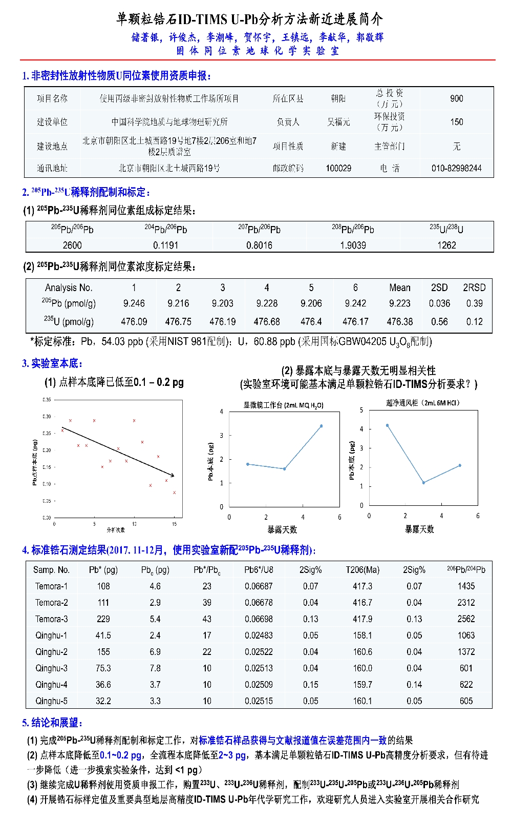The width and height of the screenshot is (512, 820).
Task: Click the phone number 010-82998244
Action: tap(456, 168)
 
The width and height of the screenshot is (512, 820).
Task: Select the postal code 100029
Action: tap(338, 168)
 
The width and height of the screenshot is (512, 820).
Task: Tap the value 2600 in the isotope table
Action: tap(72, 245)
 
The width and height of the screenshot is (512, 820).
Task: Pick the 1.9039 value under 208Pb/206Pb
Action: tap(353, 245)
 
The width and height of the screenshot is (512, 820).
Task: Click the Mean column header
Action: tap(399, 288)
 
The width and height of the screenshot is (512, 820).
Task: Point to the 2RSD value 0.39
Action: tap(474, 303)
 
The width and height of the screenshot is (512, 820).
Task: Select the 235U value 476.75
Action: tap(178, 322)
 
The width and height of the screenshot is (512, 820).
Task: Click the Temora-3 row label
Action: tap(51, 619)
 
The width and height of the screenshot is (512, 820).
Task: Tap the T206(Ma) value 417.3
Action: tap(362, 586)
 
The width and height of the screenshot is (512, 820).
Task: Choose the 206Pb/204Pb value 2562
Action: tap(466, 619)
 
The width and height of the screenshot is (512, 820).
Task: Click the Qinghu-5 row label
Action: tap(51, 701)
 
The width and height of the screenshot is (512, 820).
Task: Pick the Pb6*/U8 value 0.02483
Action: tap(259, 635)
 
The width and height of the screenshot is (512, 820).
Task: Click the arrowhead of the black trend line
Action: tap(173, 476)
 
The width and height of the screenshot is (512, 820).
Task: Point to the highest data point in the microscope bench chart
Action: tap(322, 426)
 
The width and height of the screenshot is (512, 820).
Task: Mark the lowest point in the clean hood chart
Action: tap(423, 483)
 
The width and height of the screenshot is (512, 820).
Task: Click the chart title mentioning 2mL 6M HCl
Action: tap(423, 403)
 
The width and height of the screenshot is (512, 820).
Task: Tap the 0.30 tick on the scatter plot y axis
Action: tap(47, 417)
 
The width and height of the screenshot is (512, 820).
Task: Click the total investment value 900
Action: tap(456, 98)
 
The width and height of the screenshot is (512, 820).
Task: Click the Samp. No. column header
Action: tap(51, 570)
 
